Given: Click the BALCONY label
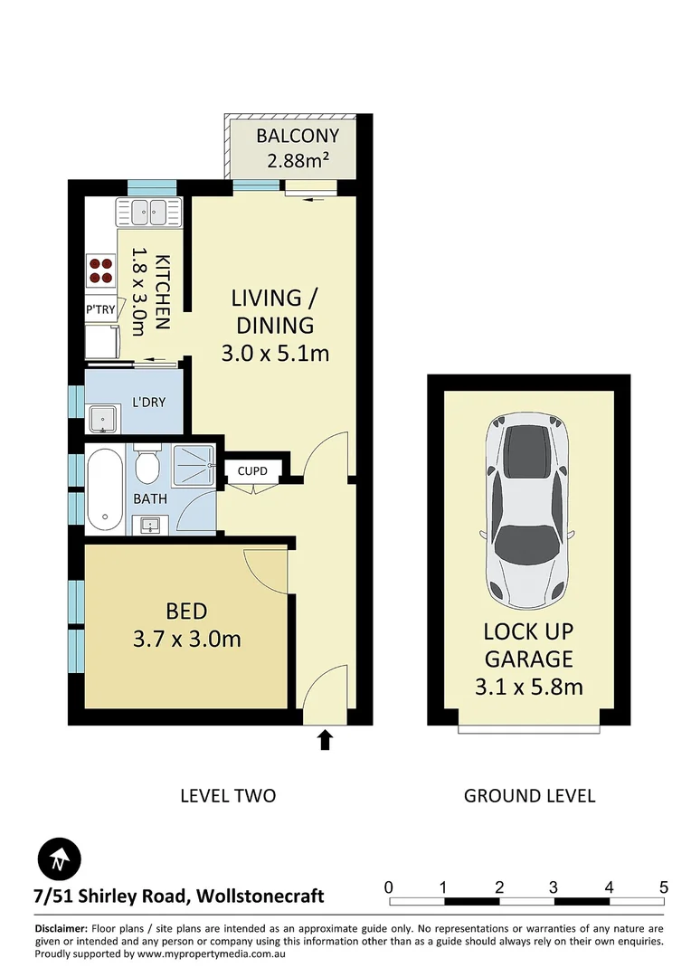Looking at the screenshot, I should (297, 137).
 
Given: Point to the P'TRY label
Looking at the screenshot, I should (100, 309).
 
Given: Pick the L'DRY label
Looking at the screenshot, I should (148, 402).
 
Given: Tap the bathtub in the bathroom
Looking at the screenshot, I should (104, 489).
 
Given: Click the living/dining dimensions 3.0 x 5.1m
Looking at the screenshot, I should (274, 353).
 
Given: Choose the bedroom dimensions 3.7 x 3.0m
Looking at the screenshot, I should (186, 640).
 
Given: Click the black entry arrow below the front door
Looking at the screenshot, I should (326, 741).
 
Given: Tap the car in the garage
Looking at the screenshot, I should (528, 512).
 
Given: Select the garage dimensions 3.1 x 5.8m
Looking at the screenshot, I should (528, 687).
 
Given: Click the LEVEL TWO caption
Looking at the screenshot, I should (228, 796).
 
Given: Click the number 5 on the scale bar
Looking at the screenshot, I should (663, 887).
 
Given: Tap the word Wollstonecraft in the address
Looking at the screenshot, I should (260, 896).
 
